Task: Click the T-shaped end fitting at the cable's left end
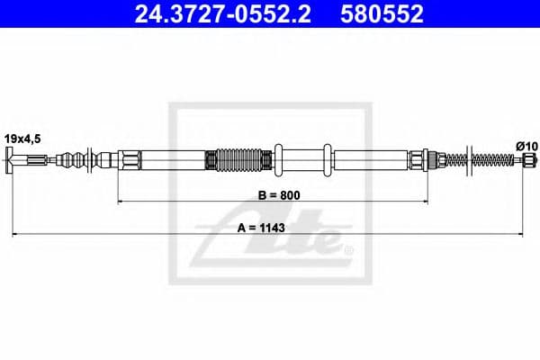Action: coord(12,162)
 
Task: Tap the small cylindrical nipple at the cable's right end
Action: coord(529,162)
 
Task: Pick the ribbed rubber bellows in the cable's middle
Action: coord(238,161)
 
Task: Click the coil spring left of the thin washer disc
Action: coord(454,162)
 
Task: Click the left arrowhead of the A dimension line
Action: coord(15,235)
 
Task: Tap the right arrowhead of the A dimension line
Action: coord(526,235)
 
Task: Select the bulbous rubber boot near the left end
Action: coord(78,162)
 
